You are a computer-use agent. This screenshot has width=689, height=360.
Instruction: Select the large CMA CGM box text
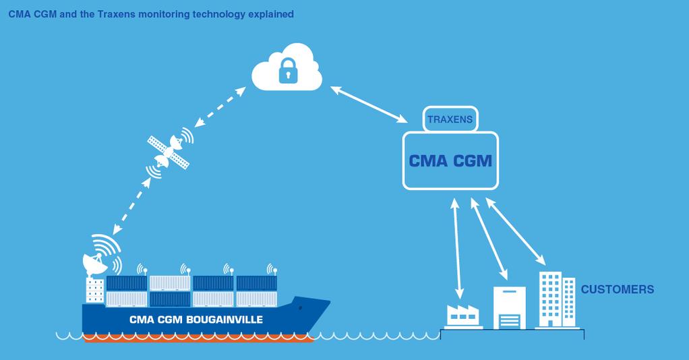coord(450,161)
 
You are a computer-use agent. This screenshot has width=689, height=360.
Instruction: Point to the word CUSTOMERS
coord(617,290)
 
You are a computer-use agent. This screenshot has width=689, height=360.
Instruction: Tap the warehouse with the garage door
coord(509,307)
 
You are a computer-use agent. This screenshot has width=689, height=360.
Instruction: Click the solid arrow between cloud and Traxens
coord(369,104)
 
